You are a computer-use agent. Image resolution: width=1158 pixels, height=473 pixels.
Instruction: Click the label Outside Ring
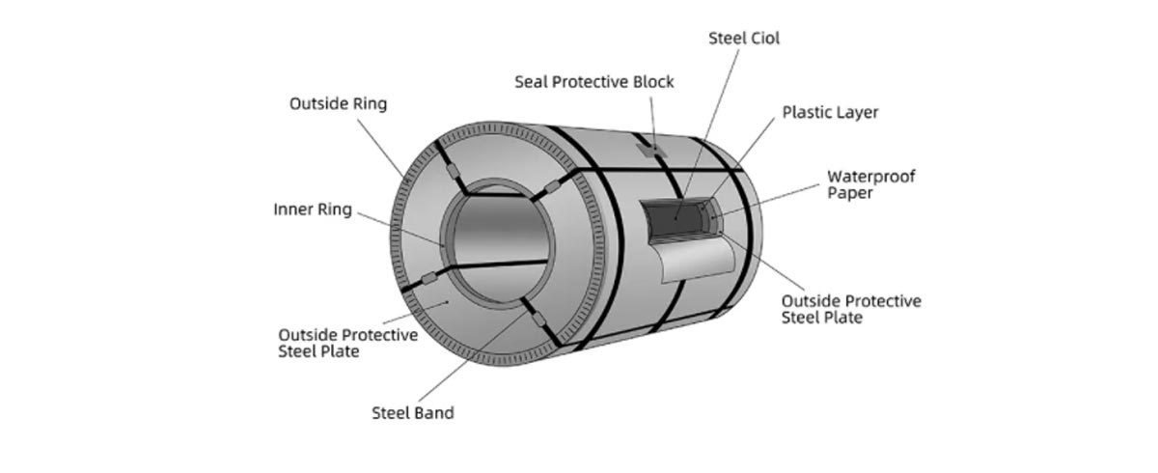point(338,103)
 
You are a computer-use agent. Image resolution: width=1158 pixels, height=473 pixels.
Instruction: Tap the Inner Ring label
point(313,209)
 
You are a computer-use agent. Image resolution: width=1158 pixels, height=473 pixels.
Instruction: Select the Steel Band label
point(412,413)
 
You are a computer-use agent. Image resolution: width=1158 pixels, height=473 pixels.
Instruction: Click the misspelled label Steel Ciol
point(743,40)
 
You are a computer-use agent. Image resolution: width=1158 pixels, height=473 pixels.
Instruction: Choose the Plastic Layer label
point(830,112)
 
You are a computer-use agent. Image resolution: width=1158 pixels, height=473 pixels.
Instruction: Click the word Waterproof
point(871,177)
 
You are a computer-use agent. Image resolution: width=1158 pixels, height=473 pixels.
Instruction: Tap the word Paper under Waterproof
point(850,193)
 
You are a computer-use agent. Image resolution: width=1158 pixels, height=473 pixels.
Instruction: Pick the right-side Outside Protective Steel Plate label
point(850,308)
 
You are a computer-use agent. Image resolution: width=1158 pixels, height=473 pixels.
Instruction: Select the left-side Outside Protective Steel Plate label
point(347,343)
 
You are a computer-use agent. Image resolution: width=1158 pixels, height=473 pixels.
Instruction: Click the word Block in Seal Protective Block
point(651,82)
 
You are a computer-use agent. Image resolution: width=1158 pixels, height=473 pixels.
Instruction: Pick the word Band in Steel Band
point(433,413)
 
